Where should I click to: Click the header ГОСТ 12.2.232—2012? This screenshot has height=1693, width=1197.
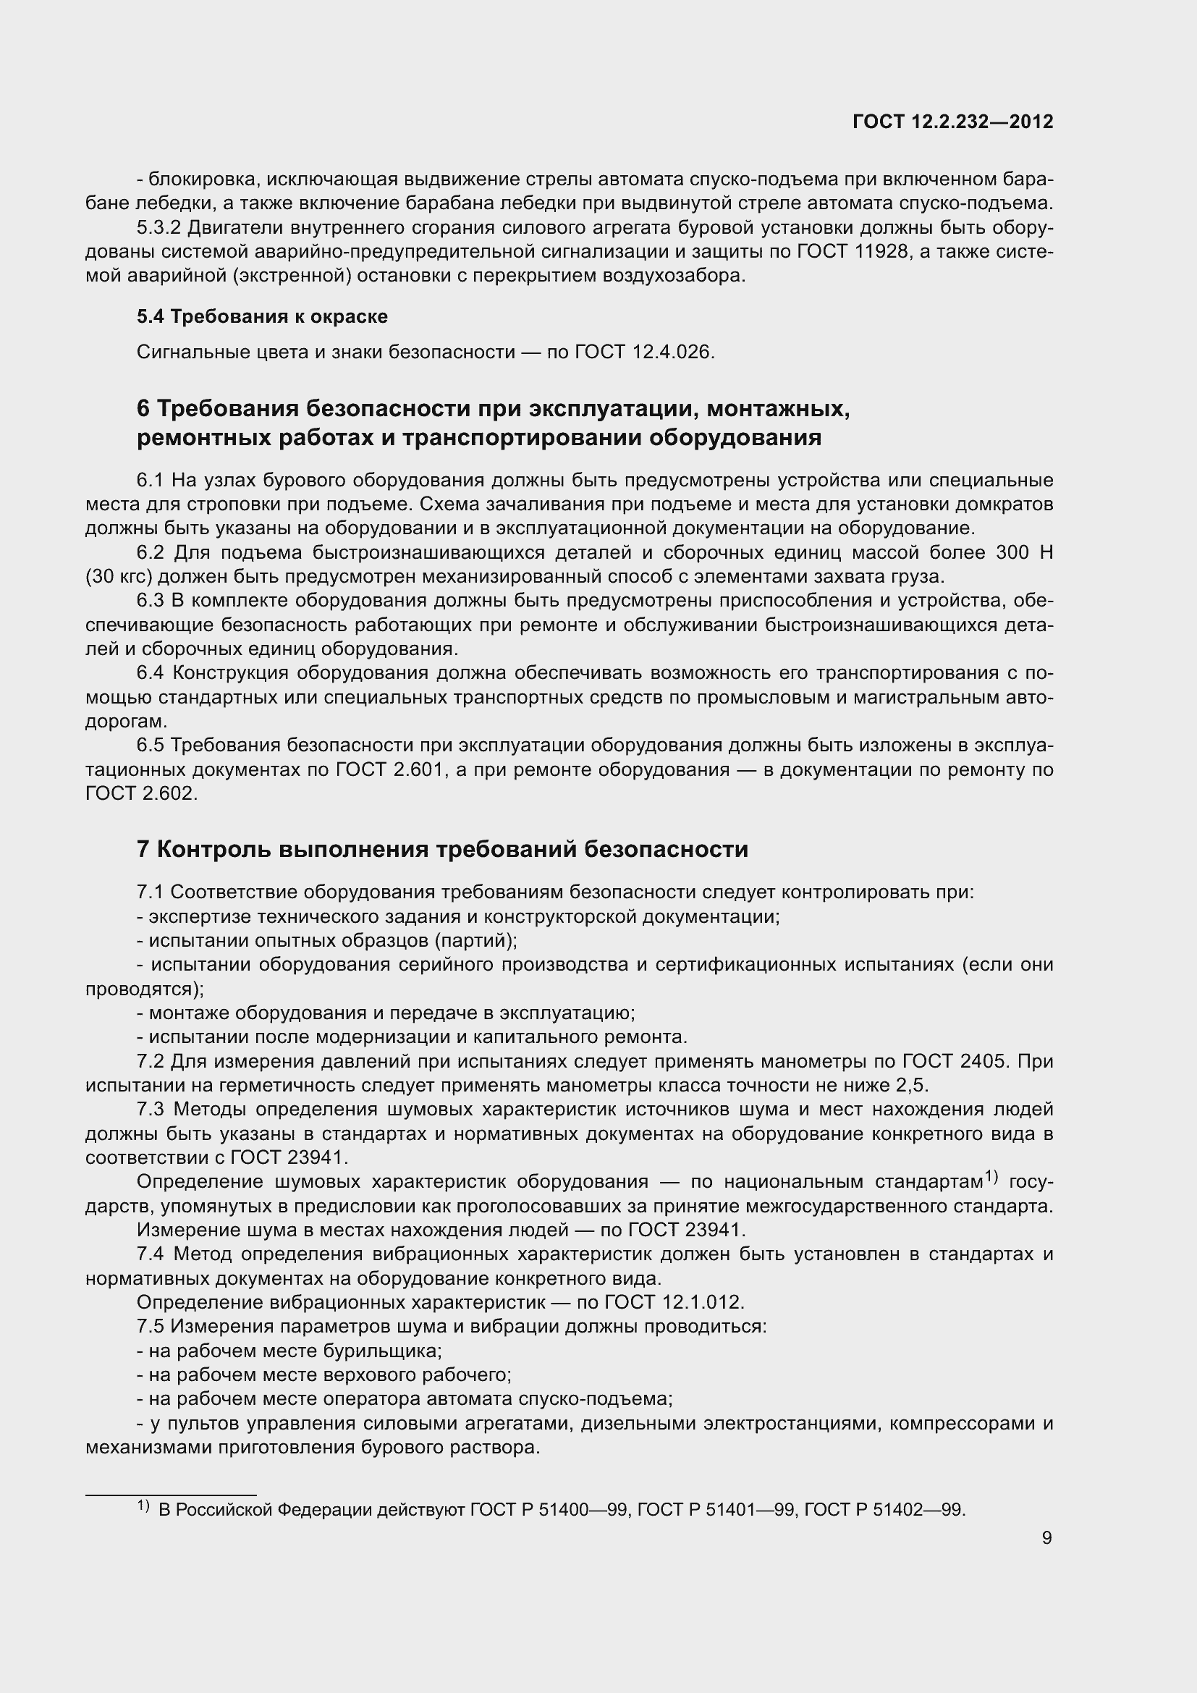(952, 122)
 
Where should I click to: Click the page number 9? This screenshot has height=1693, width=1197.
(1046, 1537)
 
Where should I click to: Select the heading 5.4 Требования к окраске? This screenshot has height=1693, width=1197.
(263, 316)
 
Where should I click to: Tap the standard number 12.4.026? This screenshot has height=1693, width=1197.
(673, 352)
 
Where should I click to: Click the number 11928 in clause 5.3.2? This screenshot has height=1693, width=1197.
(881, 252)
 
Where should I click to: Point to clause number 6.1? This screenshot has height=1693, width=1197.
(151, 481)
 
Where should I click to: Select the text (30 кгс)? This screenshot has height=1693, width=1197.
(119, 577)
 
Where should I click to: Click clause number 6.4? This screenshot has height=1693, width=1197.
(151, 673)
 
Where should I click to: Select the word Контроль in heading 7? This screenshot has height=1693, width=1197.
(214, 850)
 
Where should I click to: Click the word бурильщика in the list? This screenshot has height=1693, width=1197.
(382, 1351)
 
